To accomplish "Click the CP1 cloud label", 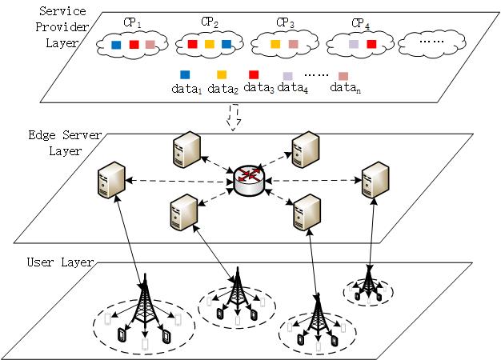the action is click(x=132, y=22).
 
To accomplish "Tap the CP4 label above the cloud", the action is click(x=360, y=23).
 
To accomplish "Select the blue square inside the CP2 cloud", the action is click(x=226, y=44).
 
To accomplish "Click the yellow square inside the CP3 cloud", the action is click(x=275, y=44).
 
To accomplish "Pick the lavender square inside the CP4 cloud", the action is click(x=354, y=44).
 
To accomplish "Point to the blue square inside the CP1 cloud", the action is click(x=116, y=45).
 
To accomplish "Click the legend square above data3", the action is click(x=254, y=74).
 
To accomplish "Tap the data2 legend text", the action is click(x=223, y=89).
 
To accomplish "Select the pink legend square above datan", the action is click(x=343, y=76).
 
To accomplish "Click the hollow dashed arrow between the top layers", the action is click(x=234, y=117).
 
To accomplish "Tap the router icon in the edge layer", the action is click(x=250, y=181).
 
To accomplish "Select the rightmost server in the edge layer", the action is click(x=375, y=180).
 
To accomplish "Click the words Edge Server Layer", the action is click(x=65, y=142).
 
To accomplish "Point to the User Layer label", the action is click(x=60, y=262).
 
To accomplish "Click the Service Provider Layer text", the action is click(x=62, y=27).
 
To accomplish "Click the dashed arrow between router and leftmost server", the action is click(x=179, y=181).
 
